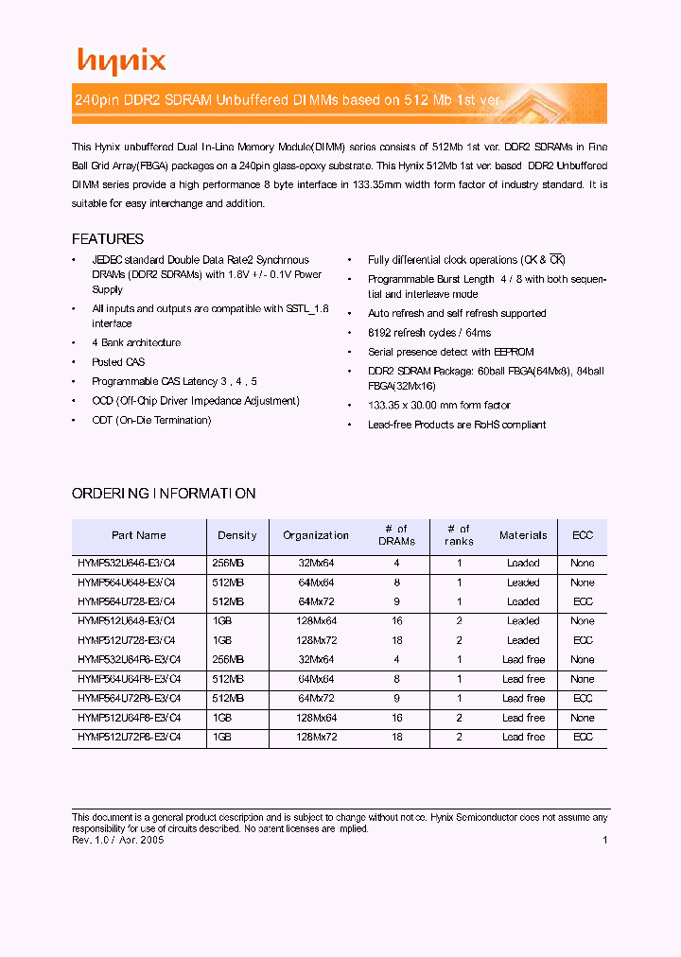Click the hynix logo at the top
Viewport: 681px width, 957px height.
[x=121, y=61]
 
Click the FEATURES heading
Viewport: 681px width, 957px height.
[x=108, y=239]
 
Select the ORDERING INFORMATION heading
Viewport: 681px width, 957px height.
[x=164, y=494]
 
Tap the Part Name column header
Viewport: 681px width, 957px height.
[x=139, y=535]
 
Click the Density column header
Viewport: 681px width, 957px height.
[x=237, y=535]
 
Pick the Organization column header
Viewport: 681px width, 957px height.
[x=316, y=535]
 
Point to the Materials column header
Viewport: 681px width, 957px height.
[x=523, y=535]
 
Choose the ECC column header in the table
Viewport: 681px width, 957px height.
[x=583, y=535]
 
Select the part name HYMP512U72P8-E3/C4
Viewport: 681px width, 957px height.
[x=129, y=737]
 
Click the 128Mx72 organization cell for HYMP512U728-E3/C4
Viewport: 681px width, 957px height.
[x=316, y=640]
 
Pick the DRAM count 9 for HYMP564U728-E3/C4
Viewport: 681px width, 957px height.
[x=397, y=601]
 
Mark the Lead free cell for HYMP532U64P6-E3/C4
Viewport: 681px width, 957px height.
[x=523, y=660]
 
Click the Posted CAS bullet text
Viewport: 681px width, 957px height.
[x=118, y=362]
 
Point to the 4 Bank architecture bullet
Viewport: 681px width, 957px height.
[x=136, y=343]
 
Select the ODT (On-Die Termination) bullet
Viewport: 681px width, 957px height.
[x=151, y=420]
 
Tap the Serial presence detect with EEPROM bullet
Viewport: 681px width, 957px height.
[x=450, y=352]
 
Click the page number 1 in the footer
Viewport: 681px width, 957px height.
[x=604, y=840]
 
